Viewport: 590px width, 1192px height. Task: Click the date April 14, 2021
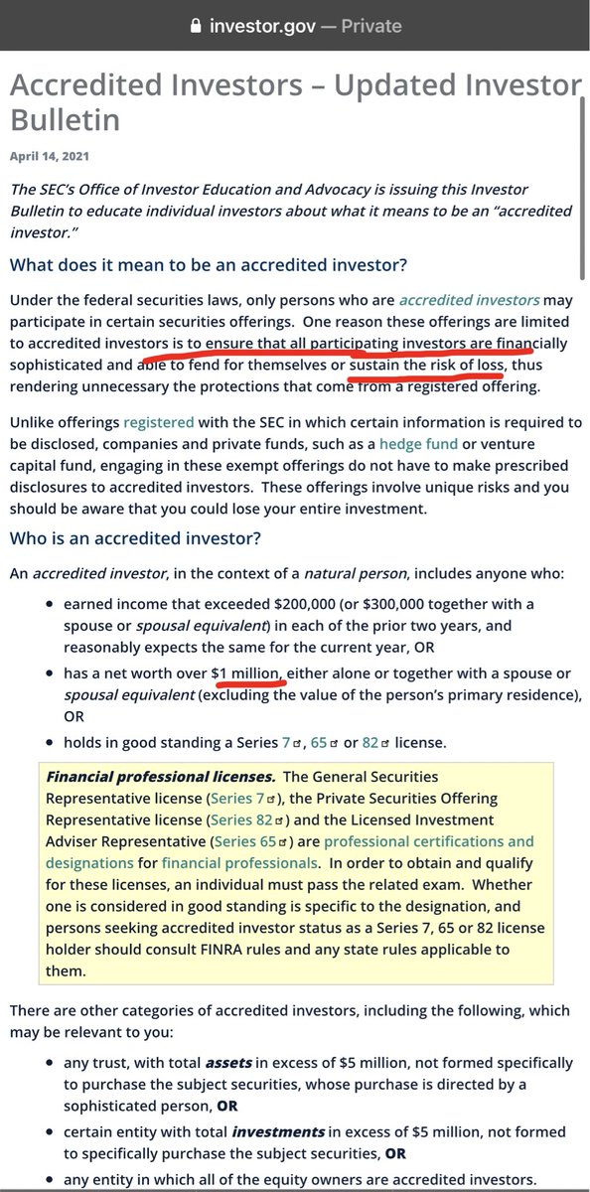click(50, 157)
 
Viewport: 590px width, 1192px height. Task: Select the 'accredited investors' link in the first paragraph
click(469, 299)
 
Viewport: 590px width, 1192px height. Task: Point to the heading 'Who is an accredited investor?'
click(135, 538)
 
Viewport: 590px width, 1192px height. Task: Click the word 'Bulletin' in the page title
click(66, 120)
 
